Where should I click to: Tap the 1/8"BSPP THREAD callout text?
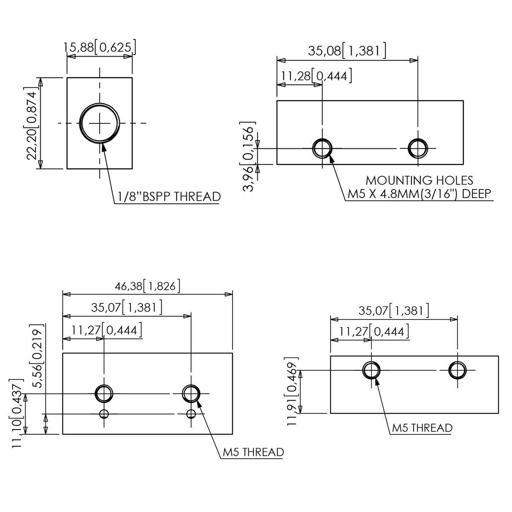coord(169,197)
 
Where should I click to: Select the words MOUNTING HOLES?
coord(419,180)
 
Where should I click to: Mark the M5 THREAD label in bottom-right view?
coord(422,428)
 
